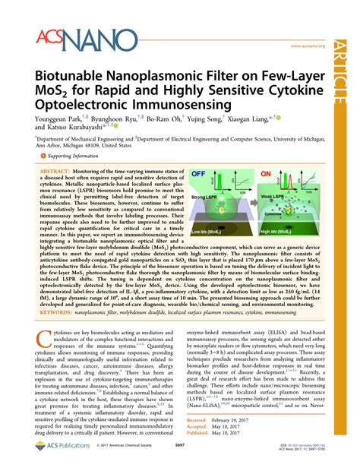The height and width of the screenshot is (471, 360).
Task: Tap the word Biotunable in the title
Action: (72, 78)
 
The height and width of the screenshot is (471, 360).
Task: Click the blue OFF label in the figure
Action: (201, 174)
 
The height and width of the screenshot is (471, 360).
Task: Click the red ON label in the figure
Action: (267, 174)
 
